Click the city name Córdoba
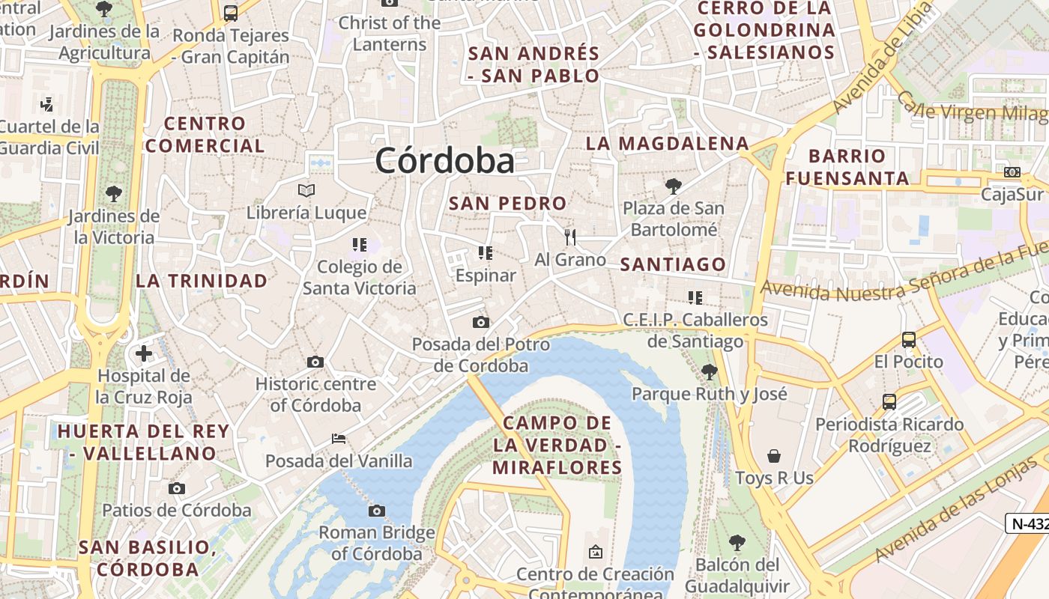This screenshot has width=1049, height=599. click(x=445, y=160)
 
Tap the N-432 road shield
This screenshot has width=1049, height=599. click(x=1028, y=523)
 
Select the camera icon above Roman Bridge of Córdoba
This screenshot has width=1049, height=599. click(x=377, y=511)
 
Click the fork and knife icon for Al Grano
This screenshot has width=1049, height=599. click(x=571, y=237)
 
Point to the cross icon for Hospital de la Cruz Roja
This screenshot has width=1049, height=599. click(x=144, y=353)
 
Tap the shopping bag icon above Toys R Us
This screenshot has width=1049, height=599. click(x=774, y=456)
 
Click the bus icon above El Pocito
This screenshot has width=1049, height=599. click(x=909, y=340)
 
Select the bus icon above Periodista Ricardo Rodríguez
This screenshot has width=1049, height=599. click(x=889, y=402)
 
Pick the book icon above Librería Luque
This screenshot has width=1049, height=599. click(x=306, y=190)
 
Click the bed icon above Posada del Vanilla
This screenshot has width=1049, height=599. click(x=339, y=438)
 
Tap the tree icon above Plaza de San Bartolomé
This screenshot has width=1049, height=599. click(x=674, y=186)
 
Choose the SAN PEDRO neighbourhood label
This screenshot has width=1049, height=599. click(x=507, y=203)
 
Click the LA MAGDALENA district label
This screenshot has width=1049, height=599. click(x=667, y=143)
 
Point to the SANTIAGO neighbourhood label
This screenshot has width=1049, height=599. click(x=673, y=264)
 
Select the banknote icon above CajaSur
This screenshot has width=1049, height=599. click(x=1012, y=172)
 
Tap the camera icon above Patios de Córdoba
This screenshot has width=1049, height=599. click(x=177, y=489)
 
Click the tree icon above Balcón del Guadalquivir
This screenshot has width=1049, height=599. click(x=737, y=542)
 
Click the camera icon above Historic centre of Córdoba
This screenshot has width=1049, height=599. click(x=315, y=362)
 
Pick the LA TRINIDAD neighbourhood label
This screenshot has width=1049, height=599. click(x=202, y=281)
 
